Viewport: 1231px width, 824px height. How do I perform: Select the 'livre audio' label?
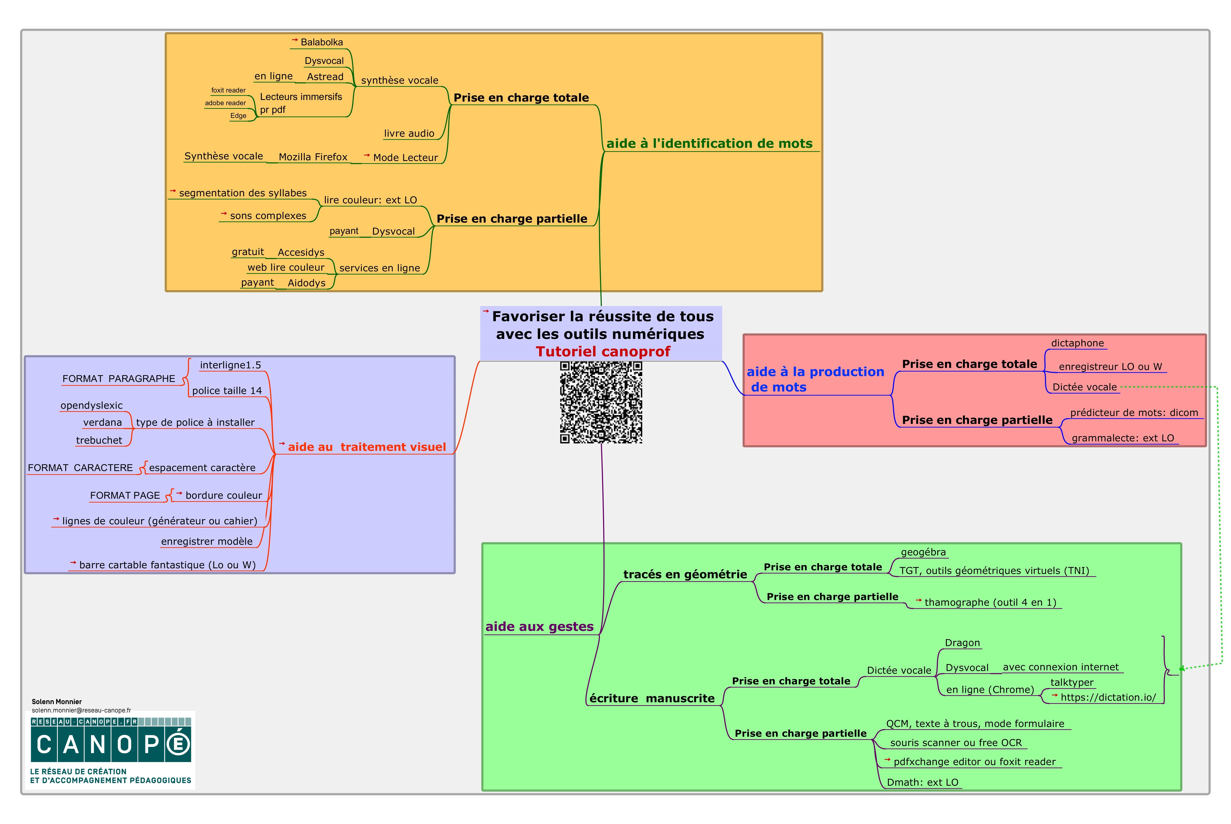[x=409, y=134]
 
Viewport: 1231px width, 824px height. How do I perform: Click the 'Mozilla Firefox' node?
[x=313, y=157]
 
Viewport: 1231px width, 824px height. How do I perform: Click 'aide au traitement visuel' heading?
[x=366, y=447]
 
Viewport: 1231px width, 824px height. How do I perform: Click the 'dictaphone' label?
[x=1077, y=343]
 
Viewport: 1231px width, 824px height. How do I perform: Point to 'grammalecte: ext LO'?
[x=1122, y=438]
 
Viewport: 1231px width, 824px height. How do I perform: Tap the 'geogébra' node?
[x=923, y=552]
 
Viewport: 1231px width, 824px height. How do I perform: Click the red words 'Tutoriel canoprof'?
[x=603, y=352]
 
